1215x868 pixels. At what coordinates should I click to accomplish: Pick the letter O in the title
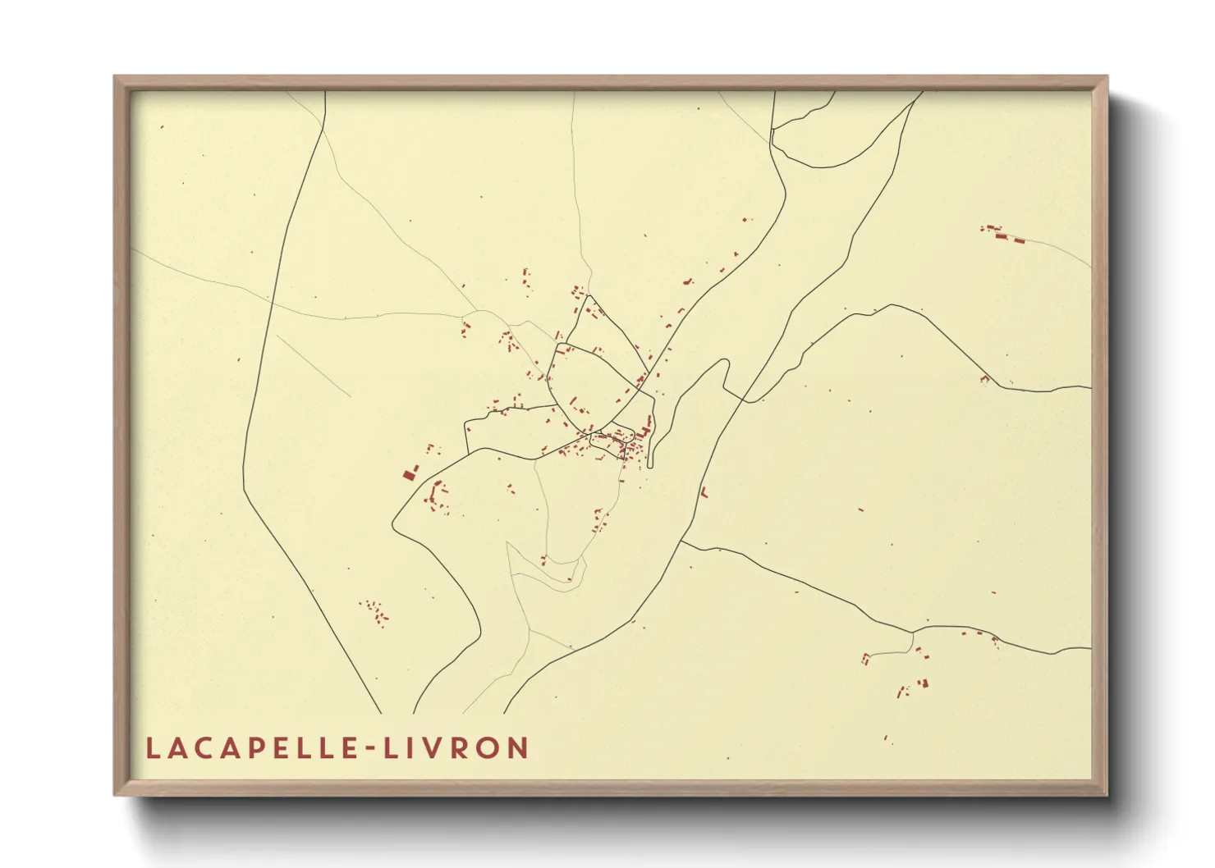[493, 748]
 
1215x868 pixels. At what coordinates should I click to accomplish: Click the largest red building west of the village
[409, 474]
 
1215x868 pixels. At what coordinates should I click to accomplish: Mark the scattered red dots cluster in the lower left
[374, 612]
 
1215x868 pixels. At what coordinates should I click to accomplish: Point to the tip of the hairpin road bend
[725, 362]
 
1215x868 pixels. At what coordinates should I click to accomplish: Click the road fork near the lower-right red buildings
[912, 632]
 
